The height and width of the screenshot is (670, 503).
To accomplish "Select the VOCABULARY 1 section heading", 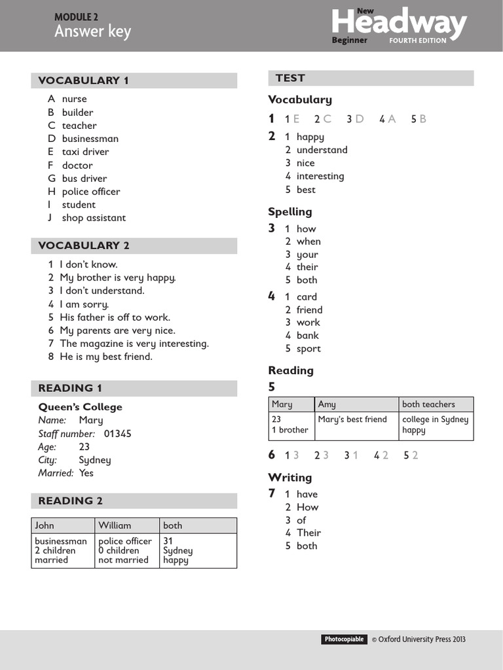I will coord(83,80).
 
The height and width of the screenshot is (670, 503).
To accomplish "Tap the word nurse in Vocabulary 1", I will coord(74,99).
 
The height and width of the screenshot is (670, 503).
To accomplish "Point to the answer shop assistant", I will coord(94,218).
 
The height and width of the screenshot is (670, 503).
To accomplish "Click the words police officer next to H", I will coord(91,192).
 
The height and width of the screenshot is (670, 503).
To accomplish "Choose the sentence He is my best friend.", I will coord(105,357).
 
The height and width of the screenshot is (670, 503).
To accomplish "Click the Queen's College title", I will coord(80,407).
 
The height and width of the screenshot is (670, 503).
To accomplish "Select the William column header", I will coord(115,525).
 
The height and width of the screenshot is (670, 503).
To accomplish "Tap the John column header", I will coord(45,525).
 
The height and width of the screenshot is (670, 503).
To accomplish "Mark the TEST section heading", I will coord(290,78).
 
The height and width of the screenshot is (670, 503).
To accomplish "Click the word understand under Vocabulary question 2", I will coord(322,150).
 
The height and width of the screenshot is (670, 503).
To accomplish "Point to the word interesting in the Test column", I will coord(320,176).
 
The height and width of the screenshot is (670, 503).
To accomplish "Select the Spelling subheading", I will coord(289,211).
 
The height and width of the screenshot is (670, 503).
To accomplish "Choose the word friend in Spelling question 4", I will coord(309,309).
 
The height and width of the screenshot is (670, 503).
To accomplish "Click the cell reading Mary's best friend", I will coord(352,419).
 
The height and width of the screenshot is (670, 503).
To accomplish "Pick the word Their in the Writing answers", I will coord(308,533).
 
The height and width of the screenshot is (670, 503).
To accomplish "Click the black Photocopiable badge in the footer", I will coord(344,639).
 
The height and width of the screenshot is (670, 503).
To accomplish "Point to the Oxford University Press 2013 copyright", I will coord(419,639).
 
